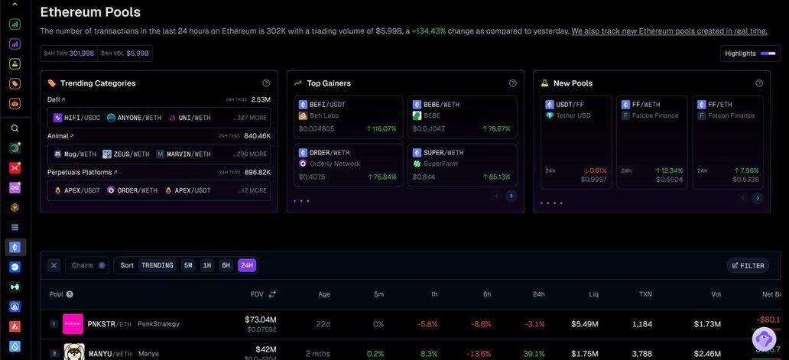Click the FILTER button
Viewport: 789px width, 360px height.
[748, 265]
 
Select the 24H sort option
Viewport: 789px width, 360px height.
[246, 265]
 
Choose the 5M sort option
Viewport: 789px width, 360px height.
[188, 265]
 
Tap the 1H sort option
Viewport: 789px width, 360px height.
[206, 265]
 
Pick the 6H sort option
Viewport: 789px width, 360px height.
[226, 265]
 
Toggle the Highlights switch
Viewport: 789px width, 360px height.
[771, 54]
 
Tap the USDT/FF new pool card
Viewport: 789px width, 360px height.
[576, 141]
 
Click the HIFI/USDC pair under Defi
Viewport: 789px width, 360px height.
[77, 118]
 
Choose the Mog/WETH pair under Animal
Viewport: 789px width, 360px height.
[75, 154]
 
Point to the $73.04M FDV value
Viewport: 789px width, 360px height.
[261, 319]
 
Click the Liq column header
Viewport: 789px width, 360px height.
[593, 294]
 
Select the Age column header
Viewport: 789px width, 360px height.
[324, 294]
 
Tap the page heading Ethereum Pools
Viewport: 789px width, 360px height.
[90, 12]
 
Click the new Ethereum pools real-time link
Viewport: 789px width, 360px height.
[669, 31]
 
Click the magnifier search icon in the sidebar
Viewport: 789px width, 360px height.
[15, 128]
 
